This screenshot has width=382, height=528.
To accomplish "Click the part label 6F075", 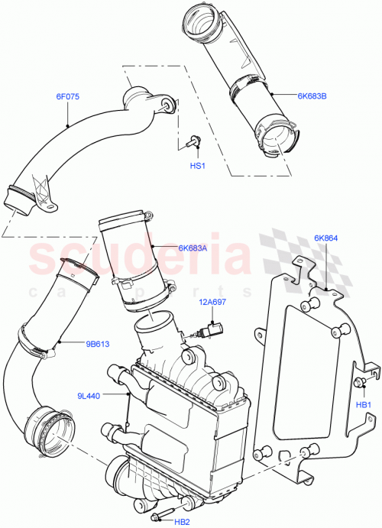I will [67, 96].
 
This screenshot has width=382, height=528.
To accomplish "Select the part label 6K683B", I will [312, 96].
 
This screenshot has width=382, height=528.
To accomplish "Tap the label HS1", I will [197, 166].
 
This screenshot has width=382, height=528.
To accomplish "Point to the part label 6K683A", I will [193, 247].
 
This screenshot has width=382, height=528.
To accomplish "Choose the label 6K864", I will [326, 238].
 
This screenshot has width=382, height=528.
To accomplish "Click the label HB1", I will [364, 404].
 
